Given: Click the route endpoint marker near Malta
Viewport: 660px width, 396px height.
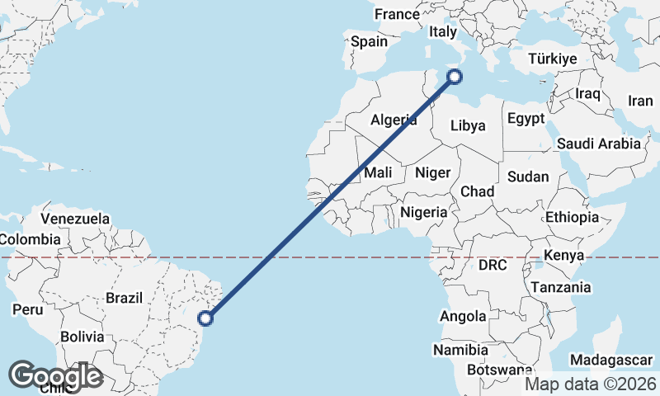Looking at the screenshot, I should tap(454, 78).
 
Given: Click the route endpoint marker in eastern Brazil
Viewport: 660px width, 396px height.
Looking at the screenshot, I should tap(207, 317).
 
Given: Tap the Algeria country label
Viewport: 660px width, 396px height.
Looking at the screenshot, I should tap(394, 120).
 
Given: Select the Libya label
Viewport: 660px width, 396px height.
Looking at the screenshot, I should tap(468, 126).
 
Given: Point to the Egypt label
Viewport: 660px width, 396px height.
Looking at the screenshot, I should tap(526, 119).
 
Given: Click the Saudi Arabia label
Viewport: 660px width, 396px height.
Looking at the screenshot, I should tap(598, 144).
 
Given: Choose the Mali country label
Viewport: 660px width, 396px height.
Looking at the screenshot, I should tap(378, 173).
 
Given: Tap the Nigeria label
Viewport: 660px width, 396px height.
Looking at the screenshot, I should tap(424, 213).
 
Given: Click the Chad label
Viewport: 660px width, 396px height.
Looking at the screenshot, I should tap(477, 192).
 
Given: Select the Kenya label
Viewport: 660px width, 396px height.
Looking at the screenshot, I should tap(566, 255).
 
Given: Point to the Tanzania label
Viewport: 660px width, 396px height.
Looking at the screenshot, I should tap(561, 288).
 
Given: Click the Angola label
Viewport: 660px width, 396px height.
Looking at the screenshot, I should tap(464, 317).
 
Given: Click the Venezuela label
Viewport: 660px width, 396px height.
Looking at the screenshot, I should tap(75, 219).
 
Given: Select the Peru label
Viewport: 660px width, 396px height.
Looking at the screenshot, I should tap(27, 310).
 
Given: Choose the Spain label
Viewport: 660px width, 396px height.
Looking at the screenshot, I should tap(369, 41).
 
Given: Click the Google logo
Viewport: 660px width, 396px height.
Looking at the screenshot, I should tap(55, 376).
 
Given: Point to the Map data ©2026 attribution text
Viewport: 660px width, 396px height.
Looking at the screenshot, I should tap(591, 384).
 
